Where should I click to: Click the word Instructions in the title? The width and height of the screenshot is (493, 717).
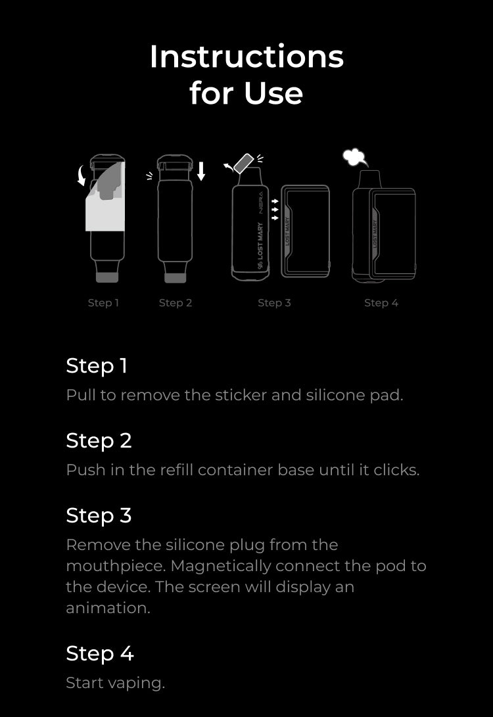pos(246,57)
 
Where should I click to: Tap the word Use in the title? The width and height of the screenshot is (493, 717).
pos(273,93)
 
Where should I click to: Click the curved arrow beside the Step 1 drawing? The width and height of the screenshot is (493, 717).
pos(82,176)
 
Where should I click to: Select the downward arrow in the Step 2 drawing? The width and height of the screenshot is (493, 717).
pos(200,171)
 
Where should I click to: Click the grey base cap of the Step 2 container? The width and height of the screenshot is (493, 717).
pos(175,277)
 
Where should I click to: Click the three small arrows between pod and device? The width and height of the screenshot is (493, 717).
pos(275,210)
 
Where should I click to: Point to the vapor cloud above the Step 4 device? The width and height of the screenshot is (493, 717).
pos(355,158)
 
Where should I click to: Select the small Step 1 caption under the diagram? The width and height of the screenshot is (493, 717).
pos(103,303)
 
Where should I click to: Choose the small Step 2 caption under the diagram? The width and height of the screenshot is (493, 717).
pos(176,303)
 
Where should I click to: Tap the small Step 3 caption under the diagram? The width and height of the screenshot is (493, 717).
pos(274,303)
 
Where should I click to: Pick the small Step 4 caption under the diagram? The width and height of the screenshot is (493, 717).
pos(381,303)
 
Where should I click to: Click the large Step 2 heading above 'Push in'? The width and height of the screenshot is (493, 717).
pos(99,441)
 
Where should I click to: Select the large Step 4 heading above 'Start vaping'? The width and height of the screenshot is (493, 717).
pos(100,654)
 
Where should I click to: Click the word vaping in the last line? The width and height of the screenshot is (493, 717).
pos(137,683)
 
